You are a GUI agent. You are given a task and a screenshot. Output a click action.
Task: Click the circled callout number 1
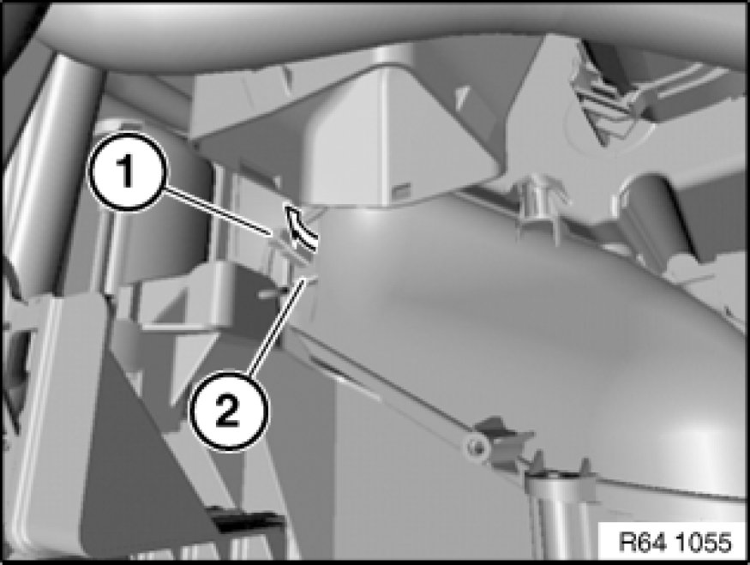click(x=127, y=171)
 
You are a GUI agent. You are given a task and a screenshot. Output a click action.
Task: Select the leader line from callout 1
click(x=218, y=212)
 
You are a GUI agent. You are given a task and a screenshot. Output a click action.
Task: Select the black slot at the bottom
click(x=245, y=522)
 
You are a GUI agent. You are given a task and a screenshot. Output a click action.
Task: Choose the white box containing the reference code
click(x=674, y=541)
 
